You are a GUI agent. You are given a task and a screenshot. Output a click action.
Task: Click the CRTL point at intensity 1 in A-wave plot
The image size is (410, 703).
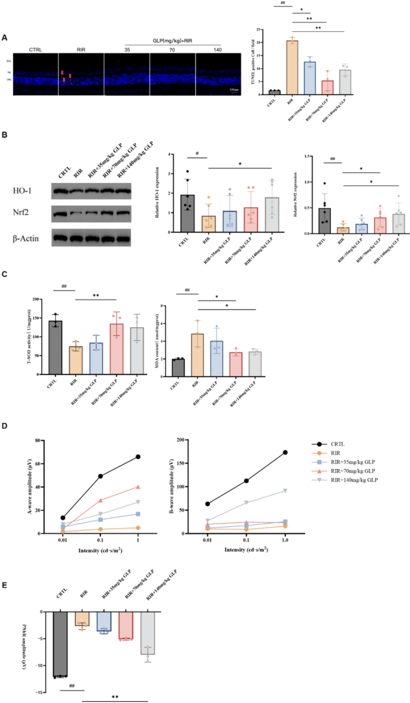(138, 457)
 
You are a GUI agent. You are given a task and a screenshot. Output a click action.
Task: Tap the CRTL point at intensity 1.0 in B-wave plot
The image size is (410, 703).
(285, 452)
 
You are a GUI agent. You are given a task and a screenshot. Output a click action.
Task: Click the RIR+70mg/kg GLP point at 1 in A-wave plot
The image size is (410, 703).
(138, 487)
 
